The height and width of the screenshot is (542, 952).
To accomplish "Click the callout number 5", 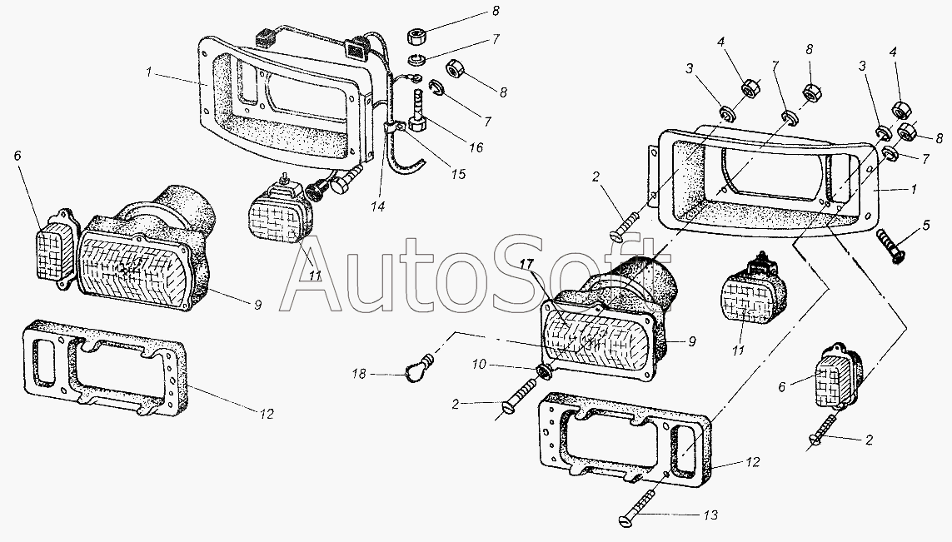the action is tap(926, 225).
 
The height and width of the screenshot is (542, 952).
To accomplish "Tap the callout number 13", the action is tap(712, 515).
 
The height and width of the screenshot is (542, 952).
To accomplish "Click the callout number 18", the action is tap(359, 375).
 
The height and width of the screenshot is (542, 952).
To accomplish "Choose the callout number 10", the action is tap(479, 364).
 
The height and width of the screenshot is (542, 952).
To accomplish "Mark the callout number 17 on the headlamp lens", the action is tap(526, 264).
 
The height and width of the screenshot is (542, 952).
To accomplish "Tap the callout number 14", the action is tap(377, 207).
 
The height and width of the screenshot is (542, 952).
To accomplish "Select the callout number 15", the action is tap(458, 174).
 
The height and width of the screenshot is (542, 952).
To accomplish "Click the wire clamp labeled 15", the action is tap(396, 128).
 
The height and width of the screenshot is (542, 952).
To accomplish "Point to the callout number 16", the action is tap(476, 147).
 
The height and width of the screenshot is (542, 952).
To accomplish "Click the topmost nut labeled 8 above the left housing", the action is tap(418, 37).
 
